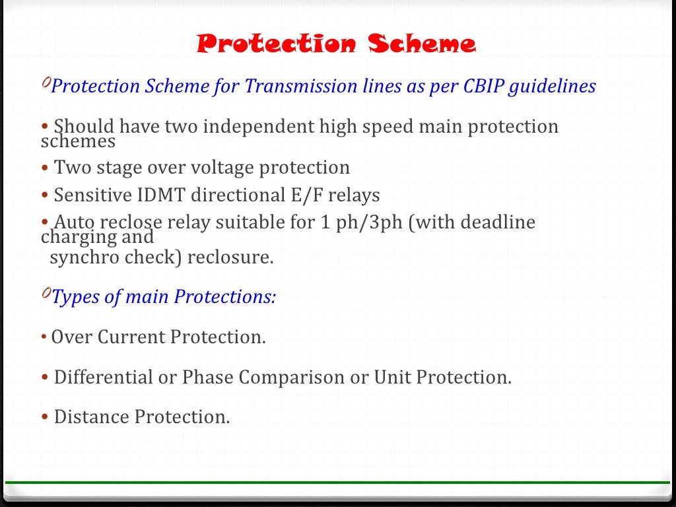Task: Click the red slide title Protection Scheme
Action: (x=336, y=44)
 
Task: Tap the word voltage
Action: (x=222, y=168)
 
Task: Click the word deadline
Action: (x=498, y=223)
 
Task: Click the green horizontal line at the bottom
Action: (x=338, y=483)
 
